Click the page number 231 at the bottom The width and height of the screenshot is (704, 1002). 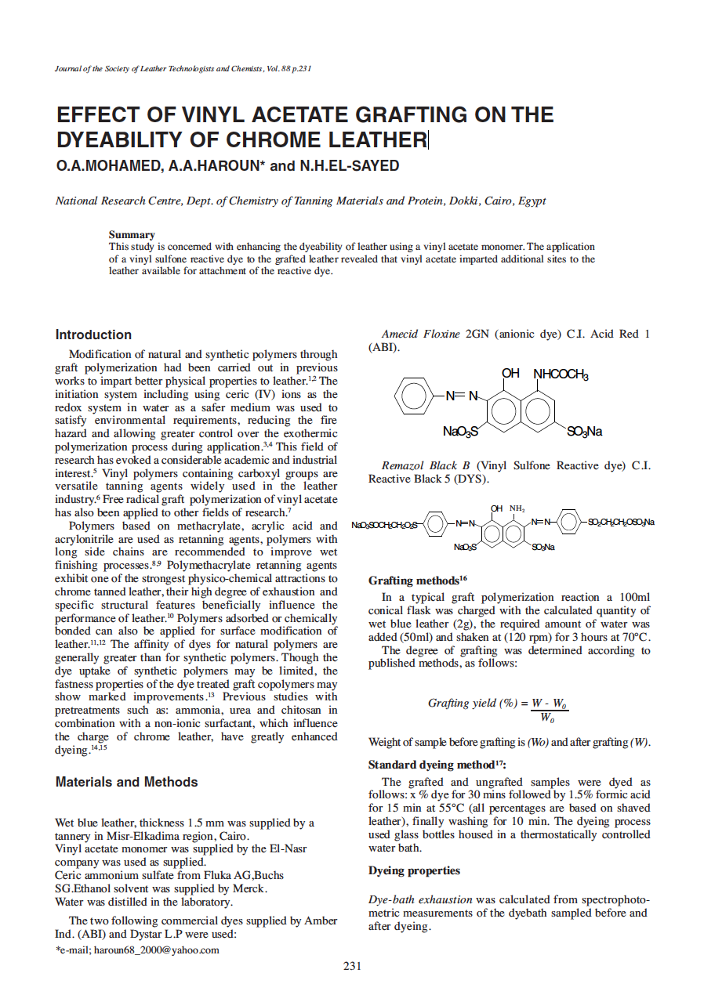[x=352, y=966]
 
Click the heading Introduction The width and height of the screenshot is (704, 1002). [x=93, y=335]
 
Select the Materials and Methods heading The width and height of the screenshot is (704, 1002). [x=126, y=782]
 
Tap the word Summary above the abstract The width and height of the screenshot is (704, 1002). [x=132, y=234]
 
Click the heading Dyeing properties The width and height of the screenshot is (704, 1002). [x=414, y=870]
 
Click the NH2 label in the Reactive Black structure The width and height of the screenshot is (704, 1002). [x=517, y=508]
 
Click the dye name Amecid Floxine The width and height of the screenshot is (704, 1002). [x=420, y=334]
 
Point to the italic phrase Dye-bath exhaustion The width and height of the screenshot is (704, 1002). [x=420, y=899]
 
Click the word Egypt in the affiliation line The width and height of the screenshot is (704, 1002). [x=531, y=201]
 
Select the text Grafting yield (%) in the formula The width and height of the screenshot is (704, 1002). [x=473, y=702]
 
